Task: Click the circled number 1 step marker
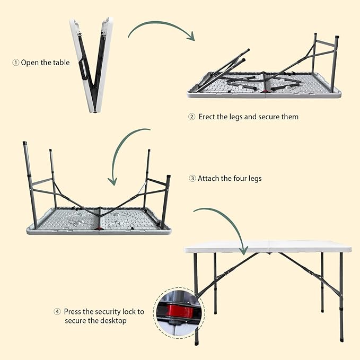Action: tap(15, 63)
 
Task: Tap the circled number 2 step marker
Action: tap(192, 117)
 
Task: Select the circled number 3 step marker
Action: tap(192, 179)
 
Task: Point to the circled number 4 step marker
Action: tap(57, 312)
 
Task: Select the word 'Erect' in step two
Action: tap(207, 117)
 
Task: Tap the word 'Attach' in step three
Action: tap(209, 179)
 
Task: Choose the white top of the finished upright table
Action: tap(268, 247)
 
